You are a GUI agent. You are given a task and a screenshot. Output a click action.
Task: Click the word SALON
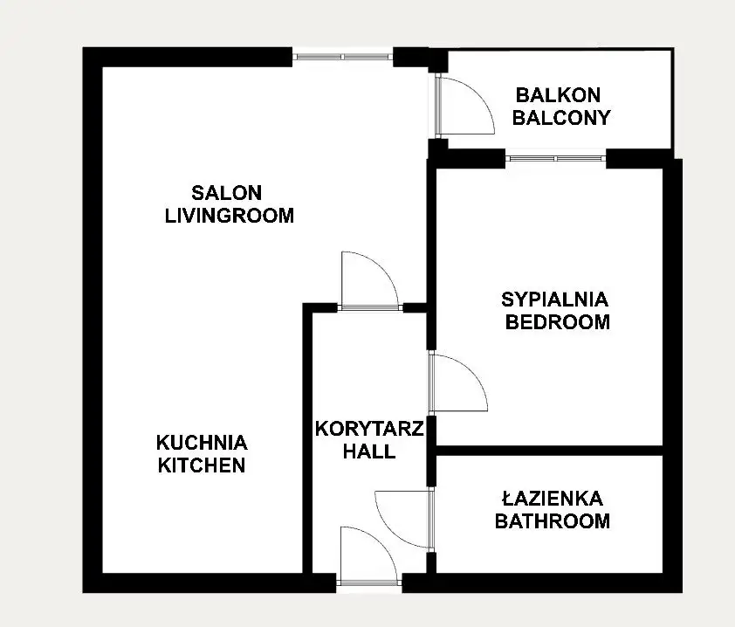(226, 193)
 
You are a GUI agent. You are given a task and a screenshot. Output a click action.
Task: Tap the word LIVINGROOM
(230, 216)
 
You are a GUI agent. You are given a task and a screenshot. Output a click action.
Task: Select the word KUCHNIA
(202, 443)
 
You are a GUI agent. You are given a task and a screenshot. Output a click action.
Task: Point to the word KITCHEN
(202, 465)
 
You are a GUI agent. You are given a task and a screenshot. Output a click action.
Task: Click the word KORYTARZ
(369, 429)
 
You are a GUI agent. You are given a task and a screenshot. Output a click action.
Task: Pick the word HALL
(369, 451)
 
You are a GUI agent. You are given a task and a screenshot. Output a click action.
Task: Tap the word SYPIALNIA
(554, 300)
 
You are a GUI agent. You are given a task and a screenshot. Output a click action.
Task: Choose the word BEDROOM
(557, 322)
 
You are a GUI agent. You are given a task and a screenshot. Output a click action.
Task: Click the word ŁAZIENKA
(553, 499)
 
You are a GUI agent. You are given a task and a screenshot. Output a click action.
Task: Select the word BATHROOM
(553, 521)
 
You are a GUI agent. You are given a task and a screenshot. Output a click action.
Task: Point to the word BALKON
(558, 95)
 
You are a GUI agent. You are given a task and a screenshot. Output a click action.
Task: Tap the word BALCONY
(561, 118)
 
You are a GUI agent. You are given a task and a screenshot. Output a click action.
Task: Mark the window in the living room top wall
(343, 57)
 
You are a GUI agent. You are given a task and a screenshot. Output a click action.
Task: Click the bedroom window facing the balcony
(555, 159)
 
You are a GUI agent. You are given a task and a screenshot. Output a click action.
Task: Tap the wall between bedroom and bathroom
(549, 451)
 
